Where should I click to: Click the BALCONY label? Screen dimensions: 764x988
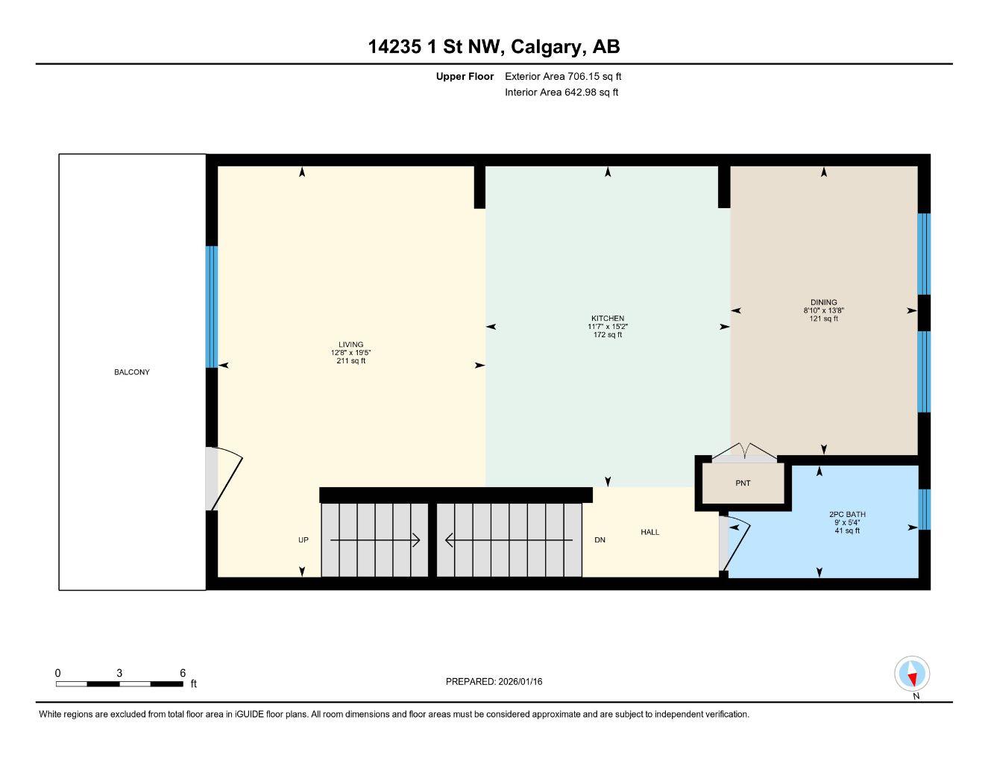131,372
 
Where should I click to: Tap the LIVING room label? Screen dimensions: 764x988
350,345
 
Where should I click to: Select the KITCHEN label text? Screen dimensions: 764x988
607,319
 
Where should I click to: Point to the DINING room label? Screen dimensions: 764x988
823,303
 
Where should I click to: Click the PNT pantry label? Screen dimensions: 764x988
743,483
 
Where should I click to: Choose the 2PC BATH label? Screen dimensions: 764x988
846,515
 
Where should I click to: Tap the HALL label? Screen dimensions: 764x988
649,533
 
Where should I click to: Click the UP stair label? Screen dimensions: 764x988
303,540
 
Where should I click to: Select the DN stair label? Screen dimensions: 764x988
600,540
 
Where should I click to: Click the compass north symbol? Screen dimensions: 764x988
912,674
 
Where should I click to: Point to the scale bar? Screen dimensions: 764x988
119,683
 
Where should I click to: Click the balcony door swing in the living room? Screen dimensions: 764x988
224,477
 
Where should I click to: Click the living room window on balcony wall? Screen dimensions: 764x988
212,307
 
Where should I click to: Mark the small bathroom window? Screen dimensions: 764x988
924,509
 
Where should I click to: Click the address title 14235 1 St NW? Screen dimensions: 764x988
494,47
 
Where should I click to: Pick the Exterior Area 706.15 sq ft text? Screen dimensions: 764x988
563,76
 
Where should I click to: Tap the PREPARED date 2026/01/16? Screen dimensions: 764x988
494,682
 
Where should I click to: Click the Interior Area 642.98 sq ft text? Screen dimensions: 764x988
561,93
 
